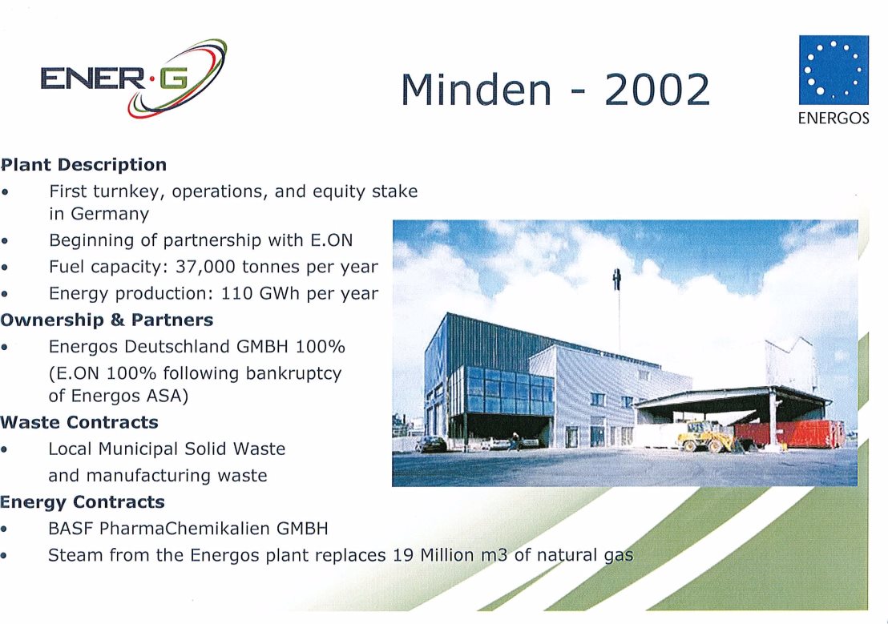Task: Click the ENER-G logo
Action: (134, 79)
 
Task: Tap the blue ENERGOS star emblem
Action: (834, 70)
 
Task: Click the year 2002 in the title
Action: (657, 90)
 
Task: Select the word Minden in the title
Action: (476, 90)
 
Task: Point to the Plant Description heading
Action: (84, 165)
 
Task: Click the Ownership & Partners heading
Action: (107, 320)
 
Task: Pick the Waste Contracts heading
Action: (79, 422)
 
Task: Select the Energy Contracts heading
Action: (83, 503)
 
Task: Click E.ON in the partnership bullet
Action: (331, 240)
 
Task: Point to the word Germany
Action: (109, 215)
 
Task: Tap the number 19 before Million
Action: (402, 555)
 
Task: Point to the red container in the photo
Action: (789, 433)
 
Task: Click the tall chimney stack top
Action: (617, 279)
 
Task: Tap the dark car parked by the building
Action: (431, 444)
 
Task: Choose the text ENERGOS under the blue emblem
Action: (834, 118)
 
